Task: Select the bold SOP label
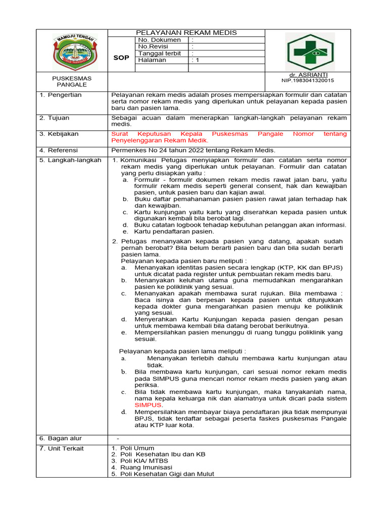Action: (x=121, y=58)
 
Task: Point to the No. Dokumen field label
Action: (x=159, y=40)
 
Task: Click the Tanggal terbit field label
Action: (x=160, y=53)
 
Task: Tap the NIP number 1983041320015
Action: (x=307, y=80)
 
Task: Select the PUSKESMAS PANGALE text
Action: (x=72, y=81)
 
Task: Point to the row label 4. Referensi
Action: (x=59, y=150)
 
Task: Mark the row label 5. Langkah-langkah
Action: (x=70, y=160)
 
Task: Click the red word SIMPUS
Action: (x=148, y=405)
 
